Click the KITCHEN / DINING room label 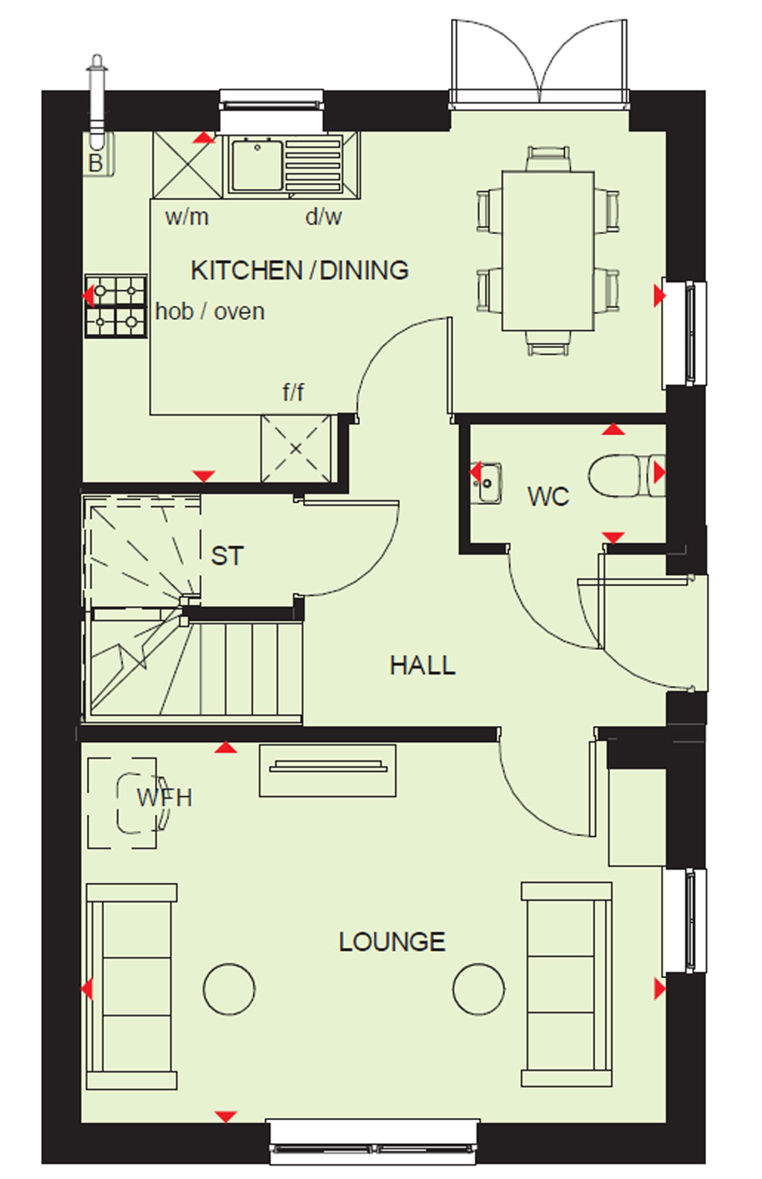pos(299,271)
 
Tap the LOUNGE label pos(392,942)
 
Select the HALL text pos(423,665)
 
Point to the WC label pos(548,496)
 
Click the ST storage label pos(227,556)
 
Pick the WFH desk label pos(164,798)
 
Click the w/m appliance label pos(187,217)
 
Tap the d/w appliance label pos(324,216)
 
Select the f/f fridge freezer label pos(292,392)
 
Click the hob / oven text pos(210,312)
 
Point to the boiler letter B pos(95,163)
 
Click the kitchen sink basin pos(257,165)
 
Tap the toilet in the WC pos(627,476)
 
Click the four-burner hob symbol pos(116,305)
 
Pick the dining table pos(548,251)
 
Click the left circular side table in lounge pos(229,989)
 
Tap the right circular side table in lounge pos(478,989)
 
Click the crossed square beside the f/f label pos(296,449)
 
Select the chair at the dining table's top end pos(548,158)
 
